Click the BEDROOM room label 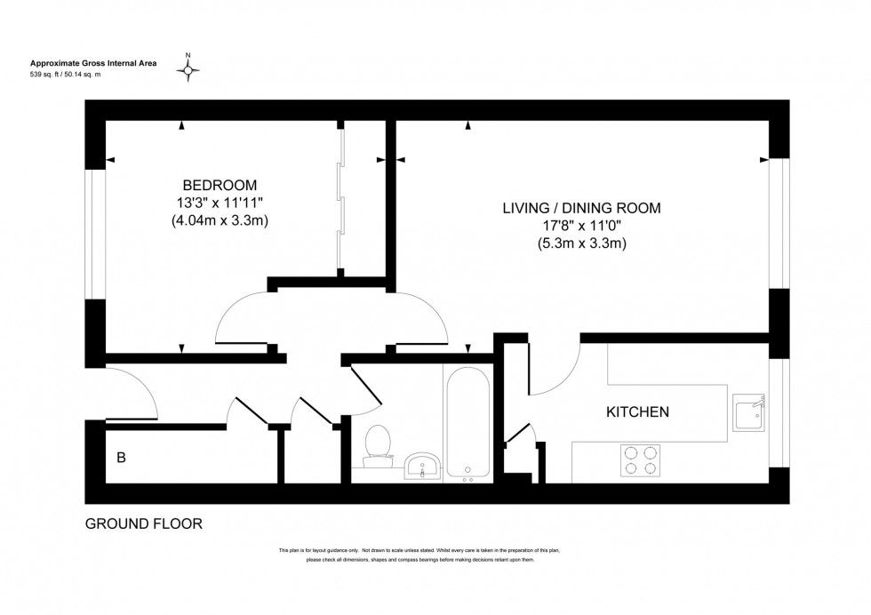(x=220, y=185)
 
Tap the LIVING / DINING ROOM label (x=582, y=208)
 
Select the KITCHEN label (x=637, y=412)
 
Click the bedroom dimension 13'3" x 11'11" (x=220, y=204)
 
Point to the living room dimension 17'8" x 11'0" (x=582, y=226)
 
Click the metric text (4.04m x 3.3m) (x=220, y=221)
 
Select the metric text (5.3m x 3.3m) (x=582, y=244)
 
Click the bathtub (x=467, y=425)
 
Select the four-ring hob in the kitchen (x=640, y=459)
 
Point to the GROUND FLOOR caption (x=143, y=523)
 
